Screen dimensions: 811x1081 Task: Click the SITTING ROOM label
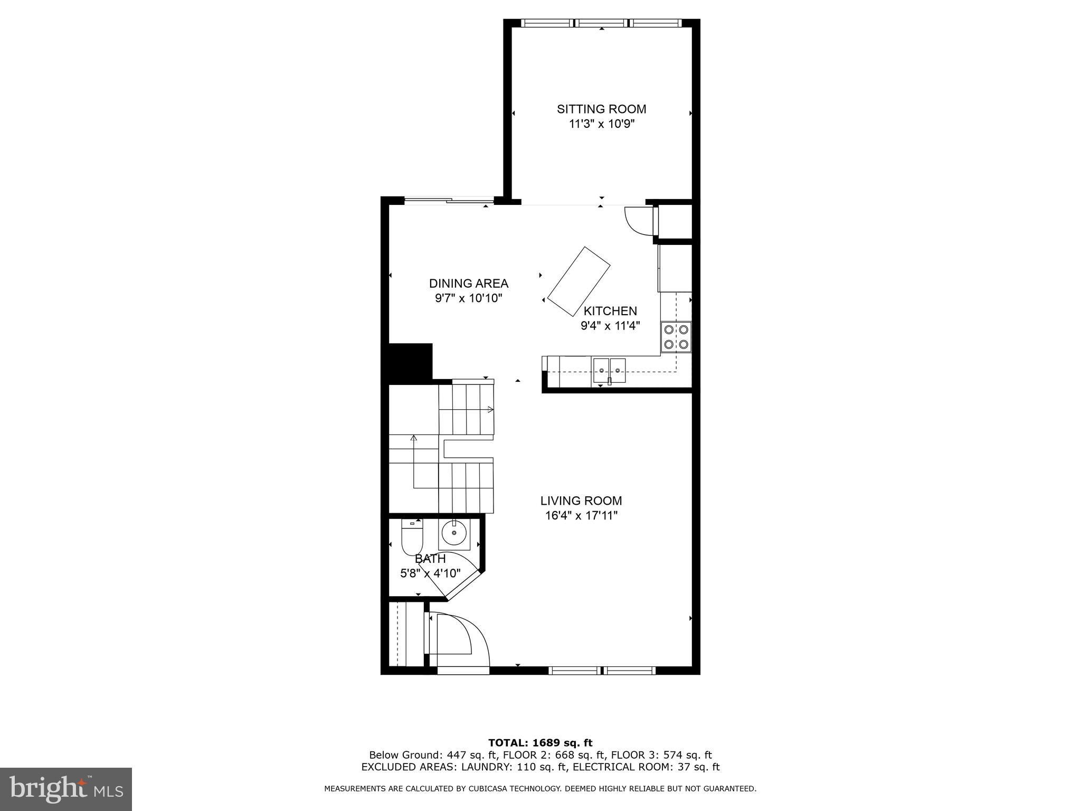point(601,109)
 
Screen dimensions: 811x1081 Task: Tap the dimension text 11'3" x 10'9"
point(601,124)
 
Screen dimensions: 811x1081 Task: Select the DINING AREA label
point(468,284)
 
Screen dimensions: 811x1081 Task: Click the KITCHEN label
point(610,311)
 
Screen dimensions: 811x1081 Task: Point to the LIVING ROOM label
point(581,501)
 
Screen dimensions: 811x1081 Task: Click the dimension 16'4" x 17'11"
point(581,515)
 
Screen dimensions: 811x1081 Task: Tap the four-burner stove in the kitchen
point(676,337)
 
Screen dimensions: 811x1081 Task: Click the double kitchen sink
point(609,370)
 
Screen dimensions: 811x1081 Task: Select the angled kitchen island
point(579,281)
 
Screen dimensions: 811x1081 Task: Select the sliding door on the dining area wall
point(449,201)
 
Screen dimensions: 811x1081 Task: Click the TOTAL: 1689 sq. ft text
point(540,743)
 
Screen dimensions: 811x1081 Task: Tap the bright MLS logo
point(65,789)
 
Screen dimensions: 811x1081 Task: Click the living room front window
point(602,671)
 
